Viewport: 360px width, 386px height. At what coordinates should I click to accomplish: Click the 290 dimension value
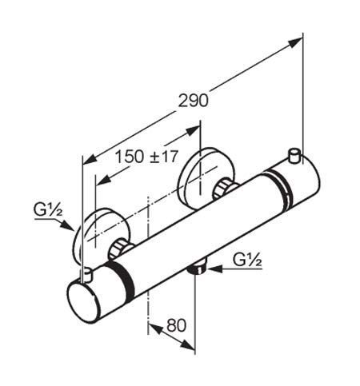point(193,101)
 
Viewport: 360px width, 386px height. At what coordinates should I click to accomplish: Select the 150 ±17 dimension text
point(146,157)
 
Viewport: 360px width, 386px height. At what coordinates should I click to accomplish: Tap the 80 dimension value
point(176,325)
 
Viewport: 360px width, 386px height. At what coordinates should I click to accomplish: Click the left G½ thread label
point(48,209)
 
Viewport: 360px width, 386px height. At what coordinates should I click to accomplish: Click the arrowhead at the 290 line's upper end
point(295,42)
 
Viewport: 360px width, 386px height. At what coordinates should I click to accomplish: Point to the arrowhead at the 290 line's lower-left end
point(90,159)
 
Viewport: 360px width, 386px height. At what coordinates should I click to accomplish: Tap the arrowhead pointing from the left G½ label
point(67,225)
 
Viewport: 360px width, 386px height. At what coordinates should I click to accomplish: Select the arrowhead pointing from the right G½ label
point(215,269)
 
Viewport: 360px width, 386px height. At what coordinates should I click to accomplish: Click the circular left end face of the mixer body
point(82,303)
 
